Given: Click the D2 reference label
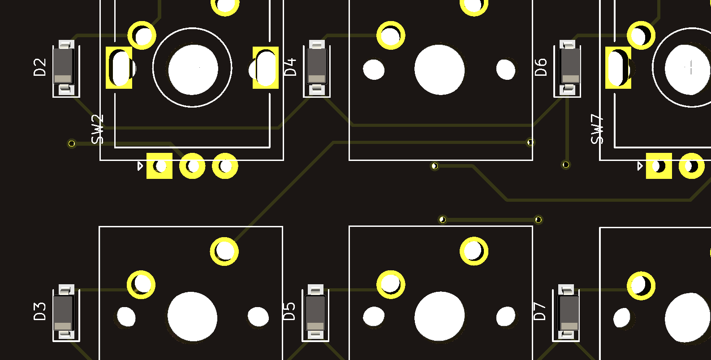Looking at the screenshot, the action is (x=40, y=67).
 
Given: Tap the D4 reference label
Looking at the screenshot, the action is (x=290, y=67).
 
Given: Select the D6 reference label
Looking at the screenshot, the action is (x=541, y=67).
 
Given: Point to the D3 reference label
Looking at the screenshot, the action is (x=40, y=311).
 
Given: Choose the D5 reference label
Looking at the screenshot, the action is (x=289, y=311).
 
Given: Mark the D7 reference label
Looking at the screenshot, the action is (x=540, y=311).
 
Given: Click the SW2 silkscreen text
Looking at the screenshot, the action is (x=97, y=130).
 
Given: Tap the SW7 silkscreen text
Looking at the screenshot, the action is (x=597, y=130).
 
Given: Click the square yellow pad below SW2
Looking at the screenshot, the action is (x=159, y=166).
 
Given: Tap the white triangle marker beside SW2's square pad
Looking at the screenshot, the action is (x=140, y=166).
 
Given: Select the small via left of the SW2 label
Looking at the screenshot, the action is (x=72, y=143).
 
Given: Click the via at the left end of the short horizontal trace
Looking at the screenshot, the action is (x=442, y=220).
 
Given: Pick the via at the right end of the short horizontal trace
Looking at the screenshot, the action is (x=539, y=220).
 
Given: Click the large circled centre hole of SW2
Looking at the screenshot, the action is (x=193, y=69).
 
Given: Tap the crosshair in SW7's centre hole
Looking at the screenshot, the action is (x=690, y=68).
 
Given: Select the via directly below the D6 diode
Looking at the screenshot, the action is (x=566, y=165).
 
